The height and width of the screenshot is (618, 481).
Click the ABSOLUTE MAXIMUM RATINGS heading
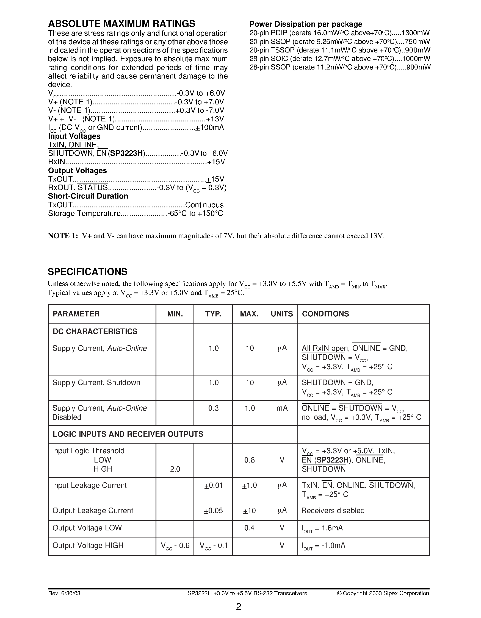121,24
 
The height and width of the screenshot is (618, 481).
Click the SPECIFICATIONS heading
87,272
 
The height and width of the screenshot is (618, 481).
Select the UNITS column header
282,314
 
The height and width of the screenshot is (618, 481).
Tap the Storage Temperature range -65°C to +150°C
195,213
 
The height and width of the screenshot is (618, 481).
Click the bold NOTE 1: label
63,236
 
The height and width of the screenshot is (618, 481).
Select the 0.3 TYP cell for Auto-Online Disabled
213,408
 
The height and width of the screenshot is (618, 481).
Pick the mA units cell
282,408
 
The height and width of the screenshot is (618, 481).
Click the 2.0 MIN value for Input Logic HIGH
175,469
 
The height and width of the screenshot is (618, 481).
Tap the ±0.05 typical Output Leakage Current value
213,511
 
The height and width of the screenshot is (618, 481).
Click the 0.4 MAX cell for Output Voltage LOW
249,528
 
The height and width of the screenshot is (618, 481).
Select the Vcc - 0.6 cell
175,545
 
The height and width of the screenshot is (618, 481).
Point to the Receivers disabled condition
333,511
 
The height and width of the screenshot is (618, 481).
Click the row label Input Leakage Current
89,485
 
